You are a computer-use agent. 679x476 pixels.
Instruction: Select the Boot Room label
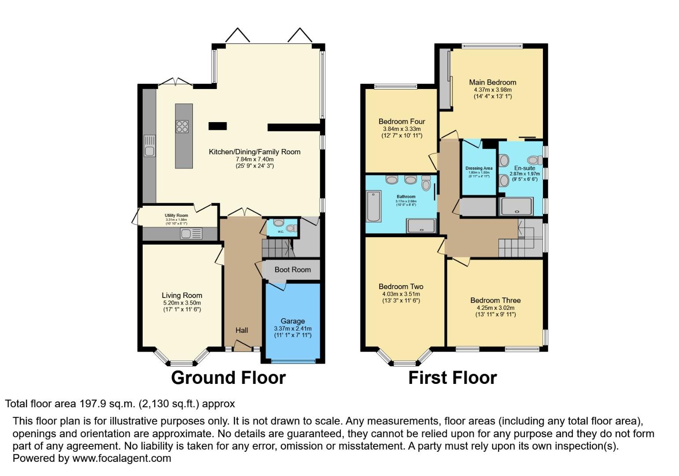tap(292, 269)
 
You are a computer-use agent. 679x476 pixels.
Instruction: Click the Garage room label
tap(292, 321)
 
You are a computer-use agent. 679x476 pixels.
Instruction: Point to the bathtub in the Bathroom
tap(373, 206)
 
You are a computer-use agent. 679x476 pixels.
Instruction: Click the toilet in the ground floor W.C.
tap(291, 228)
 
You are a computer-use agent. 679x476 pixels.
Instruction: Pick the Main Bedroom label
tap(492, 82)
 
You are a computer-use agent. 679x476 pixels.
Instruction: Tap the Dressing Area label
tap(479, 168)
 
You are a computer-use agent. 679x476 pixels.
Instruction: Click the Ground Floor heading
tap(228, 378)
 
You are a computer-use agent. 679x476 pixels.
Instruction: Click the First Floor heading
tap(452, 378)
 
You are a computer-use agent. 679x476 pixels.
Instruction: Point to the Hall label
tap(241, 330)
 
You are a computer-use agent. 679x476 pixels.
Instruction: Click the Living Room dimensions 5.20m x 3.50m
tap(182, 303)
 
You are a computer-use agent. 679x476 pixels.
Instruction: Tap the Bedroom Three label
tap(495, 300)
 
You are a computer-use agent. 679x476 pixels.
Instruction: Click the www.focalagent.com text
tap(122, 458)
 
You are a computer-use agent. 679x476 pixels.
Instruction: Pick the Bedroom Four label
tap(402, 121)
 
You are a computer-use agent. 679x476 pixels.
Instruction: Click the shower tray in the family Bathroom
tap(421, 225)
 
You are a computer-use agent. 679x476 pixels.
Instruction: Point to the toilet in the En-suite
tap(535, 160)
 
